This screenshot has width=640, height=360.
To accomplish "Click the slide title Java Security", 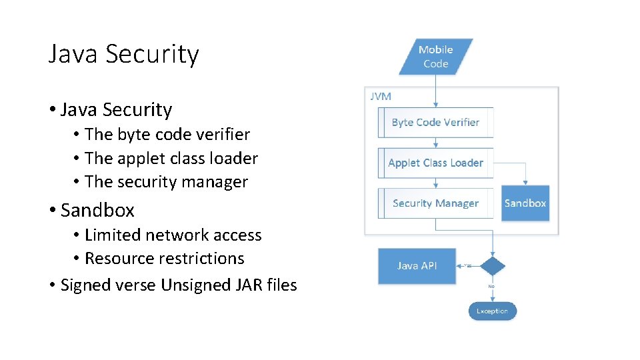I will click(123, 54).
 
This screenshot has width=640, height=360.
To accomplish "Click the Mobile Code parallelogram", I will click(436, 57).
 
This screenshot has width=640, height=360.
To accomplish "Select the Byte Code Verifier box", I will click(435, 122).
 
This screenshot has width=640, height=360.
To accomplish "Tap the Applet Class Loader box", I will click(435, 163).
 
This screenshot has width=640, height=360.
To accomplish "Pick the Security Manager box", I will click(435, 203).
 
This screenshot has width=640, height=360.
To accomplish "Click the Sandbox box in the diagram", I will click(525, 203).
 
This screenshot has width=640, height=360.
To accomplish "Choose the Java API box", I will click(417, 266).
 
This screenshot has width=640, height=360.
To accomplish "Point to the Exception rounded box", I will click(492, 311).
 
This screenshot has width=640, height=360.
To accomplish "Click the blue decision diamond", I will click(493, 266).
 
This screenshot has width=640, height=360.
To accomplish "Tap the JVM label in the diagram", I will click(381, 96).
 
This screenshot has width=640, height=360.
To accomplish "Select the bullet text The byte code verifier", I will click(167, 135).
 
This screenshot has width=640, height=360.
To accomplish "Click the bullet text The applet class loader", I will click(171, 159).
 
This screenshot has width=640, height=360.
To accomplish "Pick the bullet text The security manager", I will click(166, 182).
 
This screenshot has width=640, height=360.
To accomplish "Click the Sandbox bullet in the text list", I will click(97, 211).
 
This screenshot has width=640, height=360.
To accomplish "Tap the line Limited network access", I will click(173, 235).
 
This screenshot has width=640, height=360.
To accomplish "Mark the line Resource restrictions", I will click(165, 259).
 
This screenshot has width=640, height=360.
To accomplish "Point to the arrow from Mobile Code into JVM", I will click(436, 90).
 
